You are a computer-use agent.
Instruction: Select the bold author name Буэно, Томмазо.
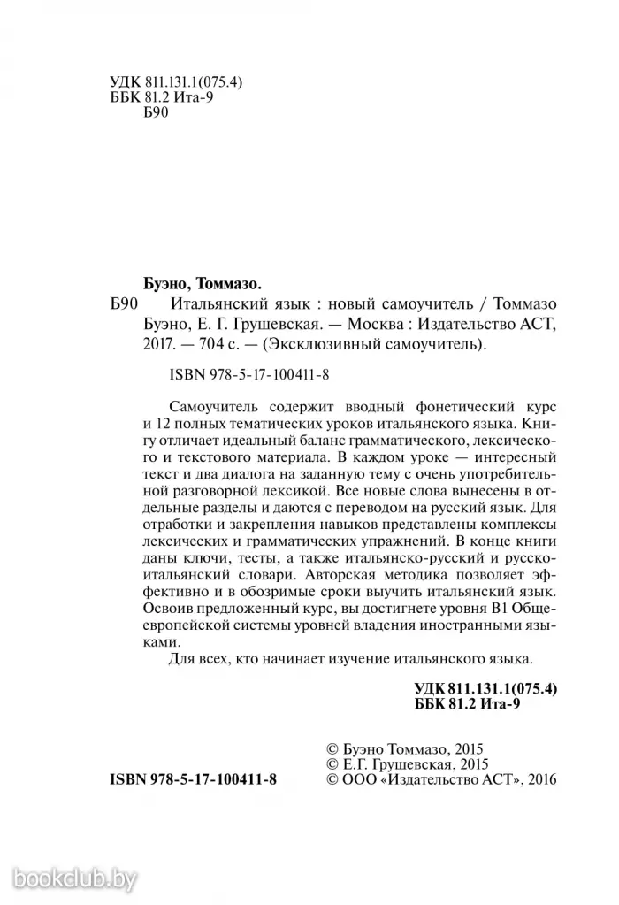click(203, 284)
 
